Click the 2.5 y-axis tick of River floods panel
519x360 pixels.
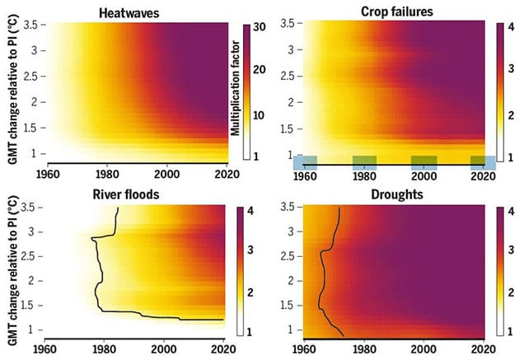30,257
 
